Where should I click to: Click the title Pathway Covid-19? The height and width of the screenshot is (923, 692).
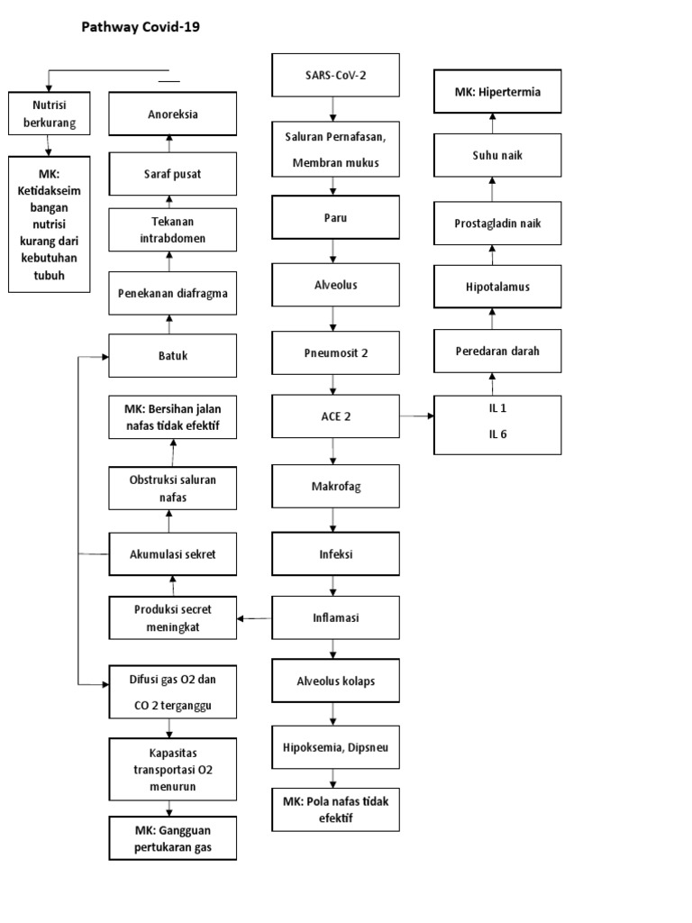pyautogui.click(x=141, y=28)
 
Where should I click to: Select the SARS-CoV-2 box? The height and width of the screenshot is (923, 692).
pyautogui.click(x=334, y=75)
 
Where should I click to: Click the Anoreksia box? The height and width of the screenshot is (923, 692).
pyautogui.click(x=173, y=114)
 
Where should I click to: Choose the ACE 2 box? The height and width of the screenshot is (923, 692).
pyautogui.click(x=334, y=417)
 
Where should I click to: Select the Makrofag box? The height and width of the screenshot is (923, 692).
pyautogui.click(x=334, y=487)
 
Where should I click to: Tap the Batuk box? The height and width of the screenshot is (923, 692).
pyautogui.click(x=173, y=355)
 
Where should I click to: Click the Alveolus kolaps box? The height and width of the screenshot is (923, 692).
pyautogui.click(x=334, y=681)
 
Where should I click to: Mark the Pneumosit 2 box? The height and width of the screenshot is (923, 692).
pyautogui.click(x=334, y=352)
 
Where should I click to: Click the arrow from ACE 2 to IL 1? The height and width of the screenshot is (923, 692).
pyautogui.click(x=416, y=416)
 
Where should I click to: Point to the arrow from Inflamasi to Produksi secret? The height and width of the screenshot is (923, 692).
pyautogui.click(x=256, y=618)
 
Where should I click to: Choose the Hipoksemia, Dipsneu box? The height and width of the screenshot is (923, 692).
pyautogui.click(x=334, y=746)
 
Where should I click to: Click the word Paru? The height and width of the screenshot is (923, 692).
pyautogui.click(x=334, y=217)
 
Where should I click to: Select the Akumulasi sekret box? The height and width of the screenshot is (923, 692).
pyautogui.click(x=173, y=553)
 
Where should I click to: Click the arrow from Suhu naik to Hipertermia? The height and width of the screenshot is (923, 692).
pyautogui.click(x=493, y=123)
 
